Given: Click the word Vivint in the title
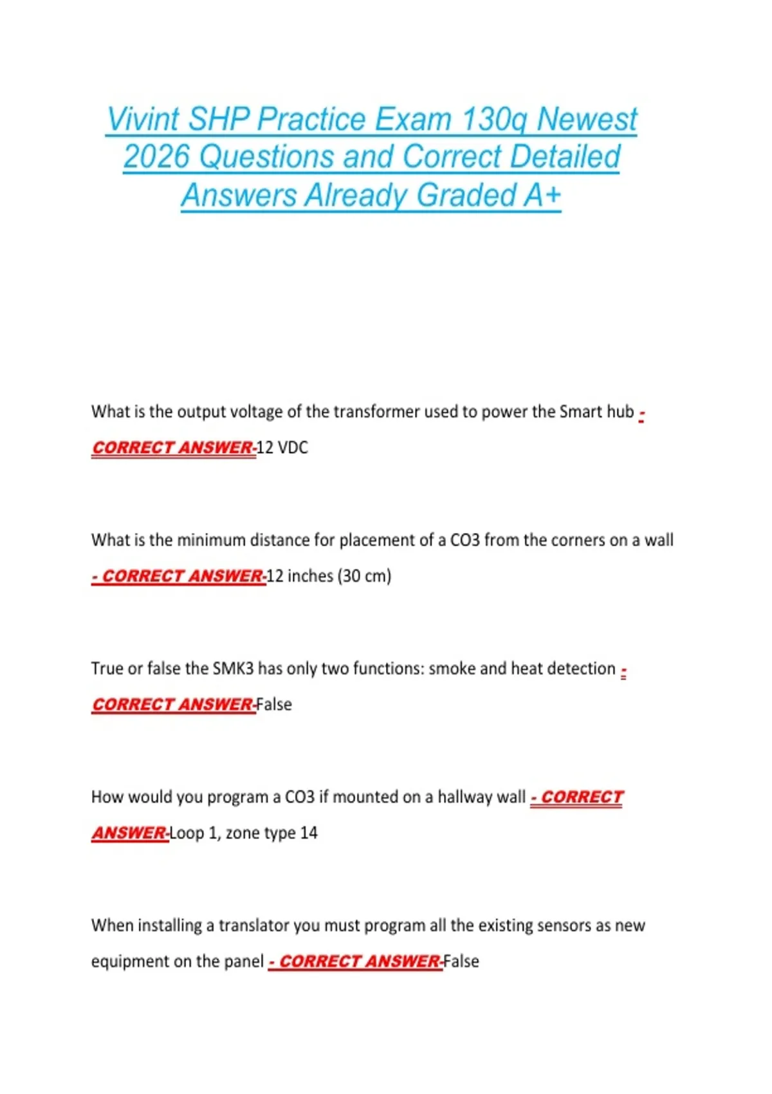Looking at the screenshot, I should (143, 120).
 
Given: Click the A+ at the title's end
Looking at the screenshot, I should (542, 196).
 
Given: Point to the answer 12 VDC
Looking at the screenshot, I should (282, 447).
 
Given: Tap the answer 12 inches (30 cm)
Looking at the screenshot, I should (329, 576).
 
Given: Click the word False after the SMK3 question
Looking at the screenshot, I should (274, 705).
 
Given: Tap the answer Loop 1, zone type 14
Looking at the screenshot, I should (244, 833).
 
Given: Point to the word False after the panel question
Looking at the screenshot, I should (461, 961).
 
